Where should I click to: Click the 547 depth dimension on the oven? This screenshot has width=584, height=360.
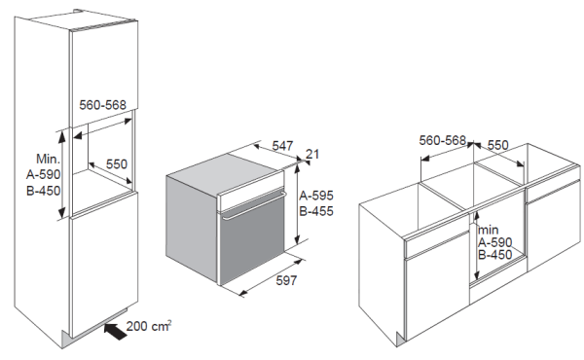coord(282,146)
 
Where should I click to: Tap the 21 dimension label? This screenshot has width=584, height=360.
coord(312,154)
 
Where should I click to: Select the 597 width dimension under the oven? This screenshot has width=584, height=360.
coord(286,280)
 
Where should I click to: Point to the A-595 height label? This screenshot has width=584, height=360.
coord(316,196)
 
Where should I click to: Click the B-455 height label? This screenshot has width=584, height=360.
coord(316,211)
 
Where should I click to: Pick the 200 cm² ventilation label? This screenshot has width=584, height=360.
coord(149,326)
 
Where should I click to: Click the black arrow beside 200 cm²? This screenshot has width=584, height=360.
coord(116,332)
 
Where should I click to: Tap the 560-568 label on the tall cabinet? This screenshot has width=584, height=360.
coord(103,105)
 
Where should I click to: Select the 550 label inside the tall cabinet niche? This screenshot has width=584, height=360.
coord(117,164)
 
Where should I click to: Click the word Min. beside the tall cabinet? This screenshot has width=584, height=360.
coord(48,159)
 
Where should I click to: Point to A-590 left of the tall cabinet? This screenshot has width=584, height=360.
coord(43,174)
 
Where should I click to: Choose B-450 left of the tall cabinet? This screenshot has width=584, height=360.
coord(43,191)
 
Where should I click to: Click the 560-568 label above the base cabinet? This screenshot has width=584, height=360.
coord(443,140)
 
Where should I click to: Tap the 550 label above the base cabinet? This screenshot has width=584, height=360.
coord(498,145)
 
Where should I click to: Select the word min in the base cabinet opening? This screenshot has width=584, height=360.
coord(488,230)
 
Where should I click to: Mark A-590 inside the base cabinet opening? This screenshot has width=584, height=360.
coord(495,242)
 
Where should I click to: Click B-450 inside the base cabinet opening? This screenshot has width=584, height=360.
coord(495,255)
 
